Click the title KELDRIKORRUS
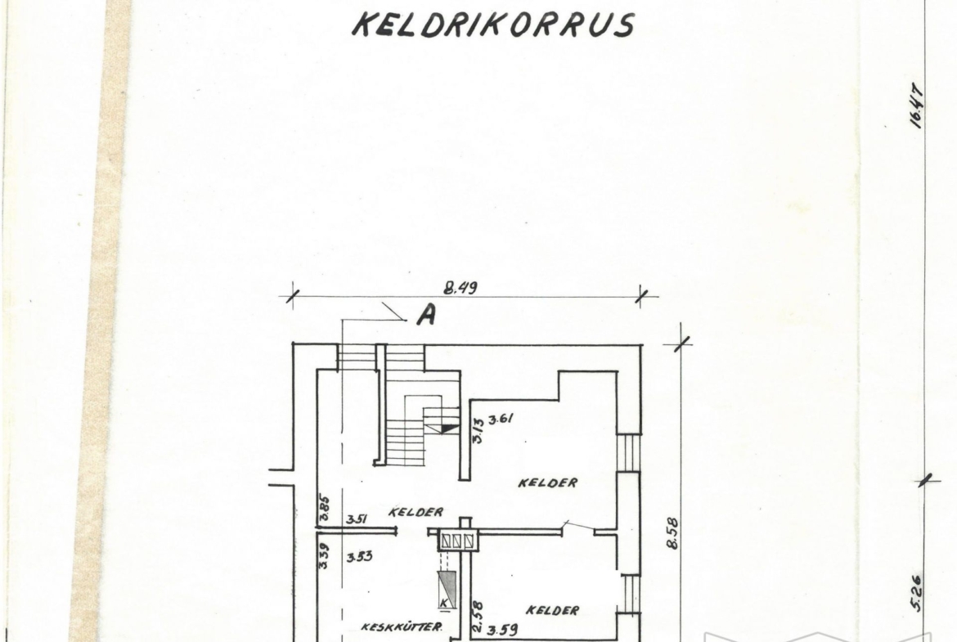493,25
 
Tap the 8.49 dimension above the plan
461,287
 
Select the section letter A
427,315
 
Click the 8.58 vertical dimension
672,532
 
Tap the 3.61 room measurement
501,420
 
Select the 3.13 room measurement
478,429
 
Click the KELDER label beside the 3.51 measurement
416,512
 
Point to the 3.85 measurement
325,509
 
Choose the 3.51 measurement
357,519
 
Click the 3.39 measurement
325,556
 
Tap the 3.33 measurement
359,557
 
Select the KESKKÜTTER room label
402,626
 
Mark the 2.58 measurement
478,617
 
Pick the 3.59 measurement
503,629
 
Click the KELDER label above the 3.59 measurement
553,610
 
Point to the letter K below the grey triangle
445,603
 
